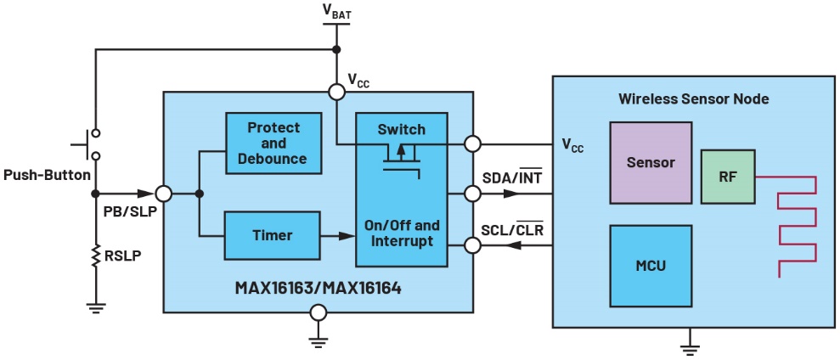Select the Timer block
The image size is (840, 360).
273,235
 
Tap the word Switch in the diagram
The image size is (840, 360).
401,129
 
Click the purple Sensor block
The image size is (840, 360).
651,162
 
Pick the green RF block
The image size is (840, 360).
727,177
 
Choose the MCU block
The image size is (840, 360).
651,265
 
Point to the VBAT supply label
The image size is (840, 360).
336,11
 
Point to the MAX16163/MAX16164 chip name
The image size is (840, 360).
318,288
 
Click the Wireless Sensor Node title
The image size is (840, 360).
694,99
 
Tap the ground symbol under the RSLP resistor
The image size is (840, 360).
95,307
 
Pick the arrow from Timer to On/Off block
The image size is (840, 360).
337,236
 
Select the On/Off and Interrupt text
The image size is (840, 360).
402,233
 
